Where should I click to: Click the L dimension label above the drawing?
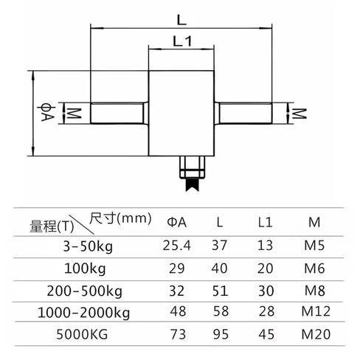click(x=181, y=20)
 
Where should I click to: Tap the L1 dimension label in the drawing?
click(x=182, y=41)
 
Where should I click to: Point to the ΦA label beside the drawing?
click(x=46, y=114)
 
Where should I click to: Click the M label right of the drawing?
click(x=300, y=114)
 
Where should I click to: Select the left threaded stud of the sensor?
click(x=120, y=113)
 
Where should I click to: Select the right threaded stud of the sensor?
click(x=243, y=113)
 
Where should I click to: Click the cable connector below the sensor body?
click(x=193, y=173)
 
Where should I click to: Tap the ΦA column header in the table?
click(x=177, y=222)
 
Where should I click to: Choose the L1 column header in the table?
click(x=265, y=222)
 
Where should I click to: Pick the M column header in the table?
click(x=314, y=222)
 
